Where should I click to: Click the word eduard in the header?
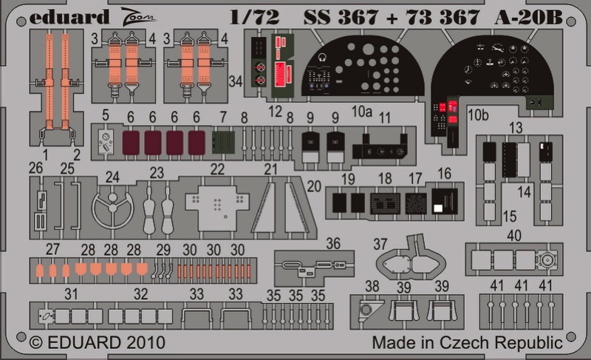coord(69,17)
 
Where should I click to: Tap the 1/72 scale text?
coord(255,17)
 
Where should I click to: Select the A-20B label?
coord(528,17)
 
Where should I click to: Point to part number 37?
coord(380,244)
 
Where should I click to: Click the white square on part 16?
coord(438,208)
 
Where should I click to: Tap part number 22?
coord(217,169)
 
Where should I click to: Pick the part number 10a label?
coord(362,111)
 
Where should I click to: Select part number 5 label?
coord(105,115)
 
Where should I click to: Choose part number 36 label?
coord(333,243)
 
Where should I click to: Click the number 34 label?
coord(236,81)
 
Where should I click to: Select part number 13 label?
coord(516,128)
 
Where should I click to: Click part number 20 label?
coord(314,186)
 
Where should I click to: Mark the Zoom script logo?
coord(138,16)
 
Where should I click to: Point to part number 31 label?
coord(71,294)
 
